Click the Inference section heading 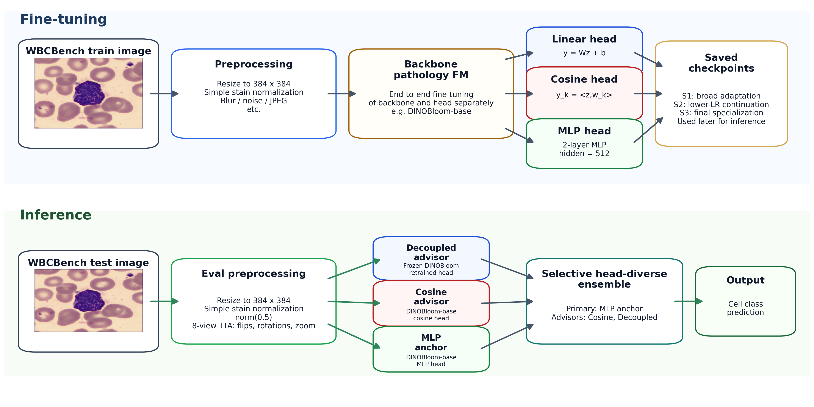click(x=56, y=215)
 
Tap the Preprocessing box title click(x=254, y=64)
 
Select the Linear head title click(x=584, y=39)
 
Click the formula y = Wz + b click(x=584, y=53)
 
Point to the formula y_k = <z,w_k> click(x=584, y=95)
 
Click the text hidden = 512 click(x=584, y=153)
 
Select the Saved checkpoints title click(x=721, y=63)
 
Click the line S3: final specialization click(x=721, y=113)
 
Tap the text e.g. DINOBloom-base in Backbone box click(x=431, y=111)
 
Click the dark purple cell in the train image click(x=89, y=93)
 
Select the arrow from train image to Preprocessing click(x=164, y=94)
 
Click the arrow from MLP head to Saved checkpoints click(x=648, y=130)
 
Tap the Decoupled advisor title click(x=431, y=252)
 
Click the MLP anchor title click(x=431, y=342)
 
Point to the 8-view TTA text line click(x=254, y=326)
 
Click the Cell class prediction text click(x=745, y=308)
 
